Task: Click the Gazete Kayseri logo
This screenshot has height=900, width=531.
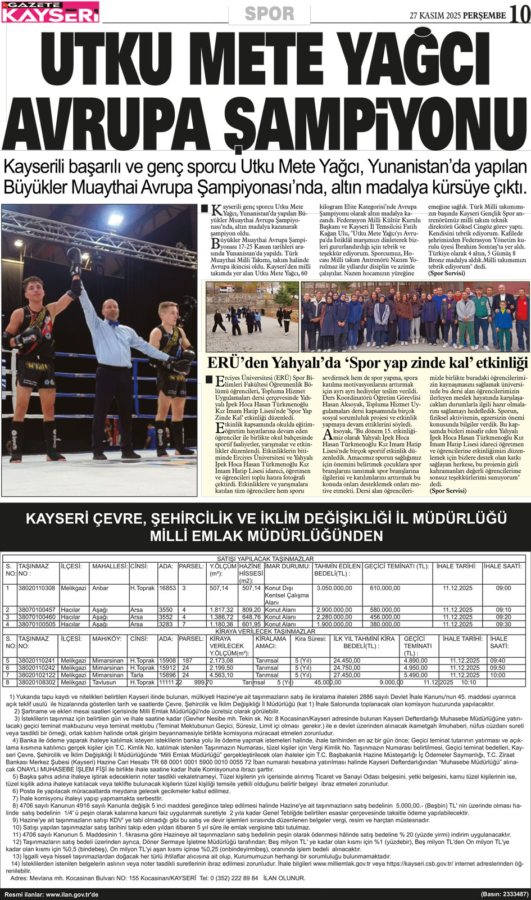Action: (50, 12)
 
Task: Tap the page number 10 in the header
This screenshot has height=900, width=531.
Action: (519, 14)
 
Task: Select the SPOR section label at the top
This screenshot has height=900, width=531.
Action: (270, 13)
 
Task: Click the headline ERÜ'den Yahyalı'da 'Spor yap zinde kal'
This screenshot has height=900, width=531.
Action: (367, 363)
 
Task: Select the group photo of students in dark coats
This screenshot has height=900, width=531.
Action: (415, 316)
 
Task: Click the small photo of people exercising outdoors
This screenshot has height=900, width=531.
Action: (252, 316)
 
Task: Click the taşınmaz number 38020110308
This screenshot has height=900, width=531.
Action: (37, 588)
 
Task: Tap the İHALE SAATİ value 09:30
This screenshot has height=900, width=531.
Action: (503, 624)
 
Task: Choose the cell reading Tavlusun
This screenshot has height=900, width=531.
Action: (105, 682)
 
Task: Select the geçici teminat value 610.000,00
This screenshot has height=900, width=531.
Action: (385, 588)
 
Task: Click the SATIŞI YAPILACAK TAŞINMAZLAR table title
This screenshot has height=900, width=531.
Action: (265, 559)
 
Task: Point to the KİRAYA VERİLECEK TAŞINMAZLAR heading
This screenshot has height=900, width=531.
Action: (265, 631)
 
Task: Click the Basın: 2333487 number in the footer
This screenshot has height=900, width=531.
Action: (504, 894)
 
